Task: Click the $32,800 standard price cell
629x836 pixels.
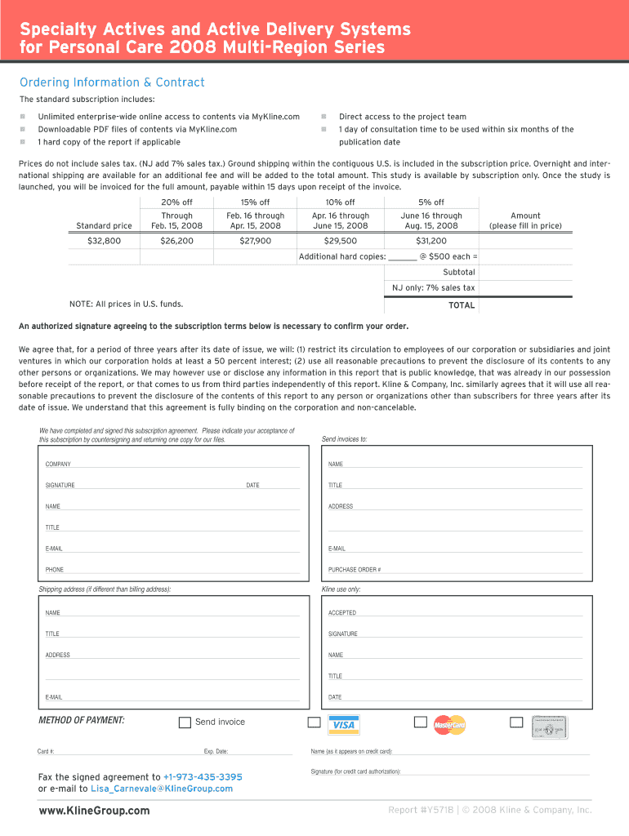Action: click(104, 241)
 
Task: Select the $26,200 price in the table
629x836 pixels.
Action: click(177, 241)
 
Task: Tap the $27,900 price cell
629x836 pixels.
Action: click(255, 241)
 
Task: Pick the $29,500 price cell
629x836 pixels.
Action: click(340, 241)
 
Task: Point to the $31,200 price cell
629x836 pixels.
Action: click(431, 241)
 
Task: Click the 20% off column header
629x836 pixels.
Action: click(177, 202)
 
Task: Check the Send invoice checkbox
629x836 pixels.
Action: click(185, 723)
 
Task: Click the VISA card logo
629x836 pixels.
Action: click(344, 725)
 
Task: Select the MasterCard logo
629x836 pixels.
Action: click(449, 725)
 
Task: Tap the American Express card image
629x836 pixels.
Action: click(550, 727)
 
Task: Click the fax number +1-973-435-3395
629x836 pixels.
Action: click(203, 777)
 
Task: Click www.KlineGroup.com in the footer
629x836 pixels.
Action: click(94, 811)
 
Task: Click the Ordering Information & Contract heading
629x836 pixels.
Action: click(112, 82)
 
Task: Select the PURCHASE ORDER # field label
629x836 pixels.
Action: click(355, 570)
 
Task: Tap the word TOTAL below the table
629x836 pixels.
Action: click(462, 305)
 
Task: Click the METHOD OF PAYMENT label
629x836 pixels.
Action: click(82, 721)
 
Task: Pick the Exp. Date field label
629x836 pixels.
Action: click(216, 752)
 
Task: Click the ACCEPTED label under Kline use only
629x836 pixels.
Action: click(342, 613)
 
